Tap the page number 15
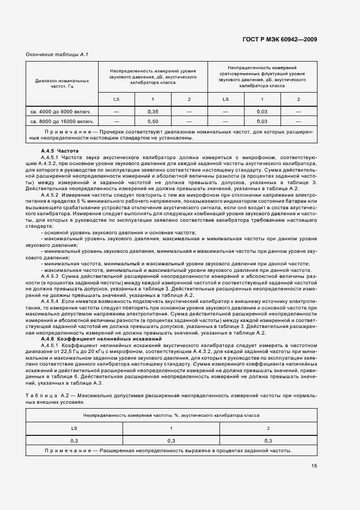[315, 465]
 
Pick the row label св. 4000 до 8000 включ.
[62, 111]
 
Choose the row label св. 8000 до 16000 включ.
[62, 121]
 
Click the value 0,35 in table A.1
[152, 111]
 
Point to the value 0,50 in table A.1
[152, 121]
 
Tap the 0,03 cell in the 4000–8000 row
[262, 111]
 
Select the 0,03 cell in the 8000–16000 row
[262, 121]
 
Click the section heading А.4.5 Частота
[60, 150]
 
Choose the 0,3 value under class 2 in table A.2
[268, 440]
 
